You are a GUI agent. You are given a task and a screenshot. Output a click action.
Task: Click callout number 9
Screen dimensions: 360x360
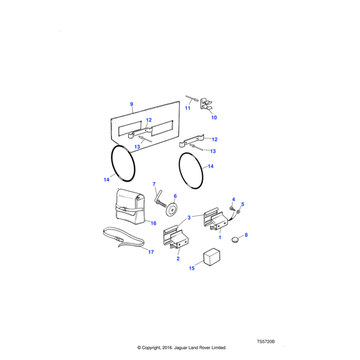[131, 104]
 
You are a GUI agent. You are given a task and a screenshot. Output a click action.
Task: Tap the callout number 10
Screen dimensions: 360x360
[214, 117]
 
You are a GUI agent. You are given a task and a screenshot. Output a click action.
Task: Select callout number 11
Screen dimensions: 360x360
[187, 109]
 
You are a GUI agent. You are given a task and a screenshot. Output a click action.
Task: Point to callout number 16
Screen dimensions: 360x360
[154, 223]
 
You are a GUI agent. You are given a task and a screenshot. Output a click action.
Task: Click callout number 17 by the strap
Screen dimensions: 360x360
[151, 252]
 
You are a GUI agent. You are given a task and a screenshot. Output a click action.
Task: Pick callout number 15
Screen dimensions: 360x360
[193, 268]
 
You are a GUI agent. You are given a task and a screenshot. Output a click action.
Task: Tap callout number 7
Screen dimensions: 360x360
[154, 184]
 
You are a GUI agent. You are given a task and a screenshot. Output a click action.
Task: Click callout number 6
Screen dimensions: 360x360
[175, 196]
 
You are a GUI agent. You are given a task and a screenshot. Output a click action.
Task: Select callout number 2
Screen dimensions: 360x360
[178, 259]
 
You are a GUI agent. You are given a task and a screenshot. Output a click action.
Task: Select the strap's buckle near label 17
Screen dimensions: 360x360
[121, 242]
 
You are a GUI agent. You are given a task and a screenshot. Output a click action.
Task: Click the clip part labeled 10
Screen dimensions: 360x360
[207, 103]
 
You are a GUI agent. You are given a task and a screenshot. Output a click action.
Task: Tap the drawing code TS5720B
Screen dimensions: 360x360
[266, 341]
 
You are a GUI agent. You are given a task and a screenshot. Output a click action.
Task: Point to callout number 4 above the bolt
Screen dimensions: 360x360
[233, 199]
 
